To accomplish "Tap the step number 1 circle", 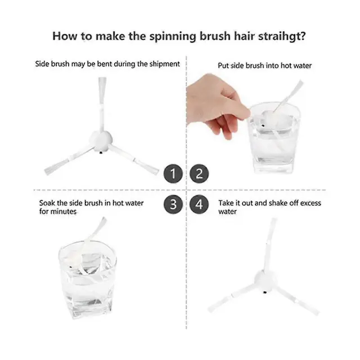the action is [173, 174].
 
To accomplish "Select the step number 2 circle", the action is [199, 174].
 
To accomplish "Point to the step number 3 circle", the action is [173, 204].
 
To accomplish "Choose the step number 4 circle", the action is [199, 204].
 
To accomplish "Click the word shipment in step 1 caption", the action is [165, 64].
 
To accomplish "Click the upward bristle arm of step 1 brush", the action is [102, 105].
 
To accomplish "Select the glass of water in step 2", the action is [274, 138].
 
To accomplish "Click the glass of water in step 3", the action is [87, 279].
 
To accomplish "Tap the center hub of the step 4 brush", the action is [265, 281].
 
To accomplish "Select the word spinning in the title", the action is [174, 37].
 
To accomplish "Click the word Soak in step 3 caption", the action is [47, 203].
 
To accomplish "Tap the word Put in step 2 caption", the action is [223, 66].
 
